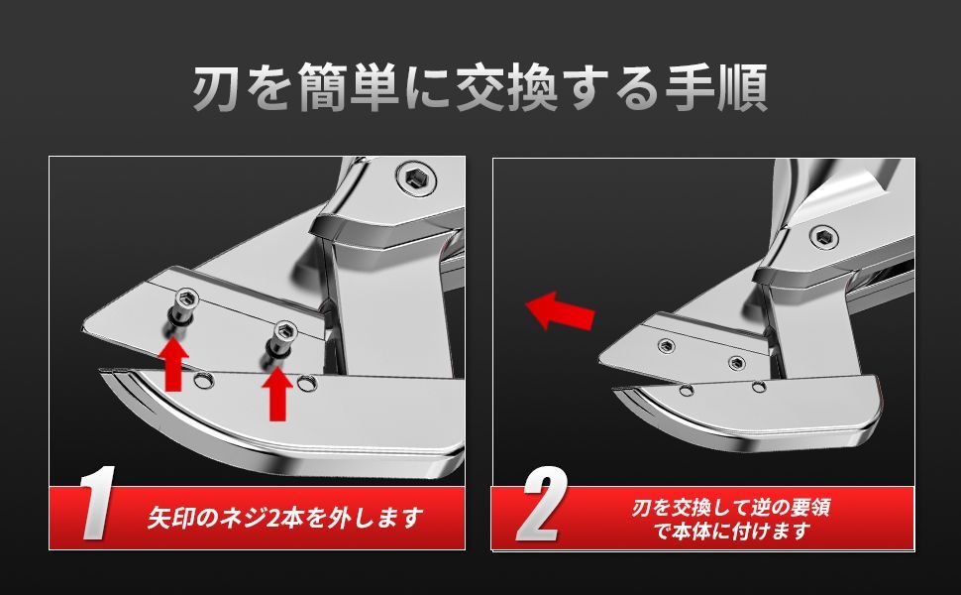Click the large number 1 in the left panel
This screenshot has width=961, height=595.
pos(99,503)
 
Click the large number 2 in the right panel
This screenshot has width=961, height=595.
pos(542,503)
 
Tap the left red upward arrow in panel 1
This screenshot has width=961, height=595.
pos(173,364)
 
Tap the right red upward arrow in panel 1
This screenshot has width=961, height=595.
pos(277,393)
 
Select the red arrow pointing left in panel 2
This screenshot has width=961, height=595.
pos(560,310)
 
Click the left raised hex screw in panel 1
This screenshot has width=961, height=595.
pos(184,307)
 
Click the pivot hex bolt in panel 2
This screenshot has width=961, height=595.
pos(823,236)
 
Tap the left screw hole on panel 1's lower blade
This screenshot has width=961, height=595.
pos(200,382)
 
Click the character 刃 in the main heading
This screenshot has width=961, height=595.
pos(215,88)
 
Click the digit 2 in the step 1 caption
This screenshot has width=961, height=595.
pos(274,519)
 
